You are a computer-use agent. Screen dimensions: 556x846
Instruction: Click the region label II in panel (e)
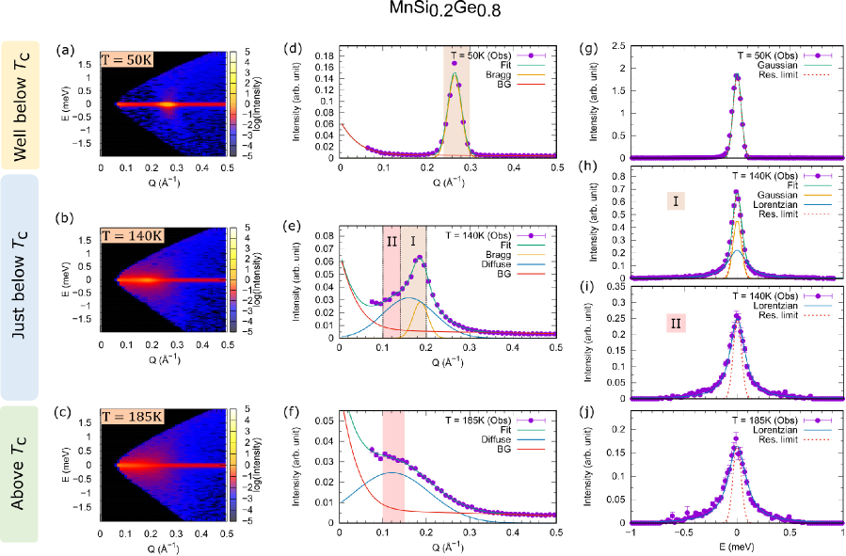coord(391,240)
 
